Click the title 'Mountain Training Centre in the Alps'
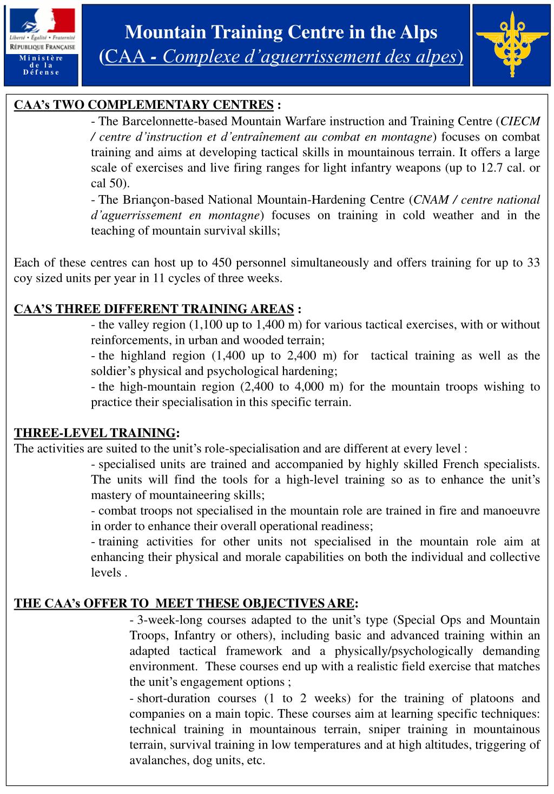coord(281,33)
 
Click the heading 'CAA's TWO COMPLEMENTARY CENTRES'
coord(143,104)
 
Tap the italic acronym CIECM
coord(520,121)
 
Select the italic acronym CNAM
coord(431,200)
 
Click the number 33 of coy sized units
coord(533,263)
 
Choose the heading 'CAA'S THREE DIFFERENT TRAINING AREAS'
coord(154,309)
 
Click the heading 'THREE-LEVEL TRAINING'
coord(95,433)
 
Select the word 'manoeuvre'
coord(514,510)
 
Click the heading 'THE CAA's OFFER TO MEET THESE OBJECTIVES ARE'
coord(184,603)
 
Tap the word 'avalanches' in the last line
coord(156,760)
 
